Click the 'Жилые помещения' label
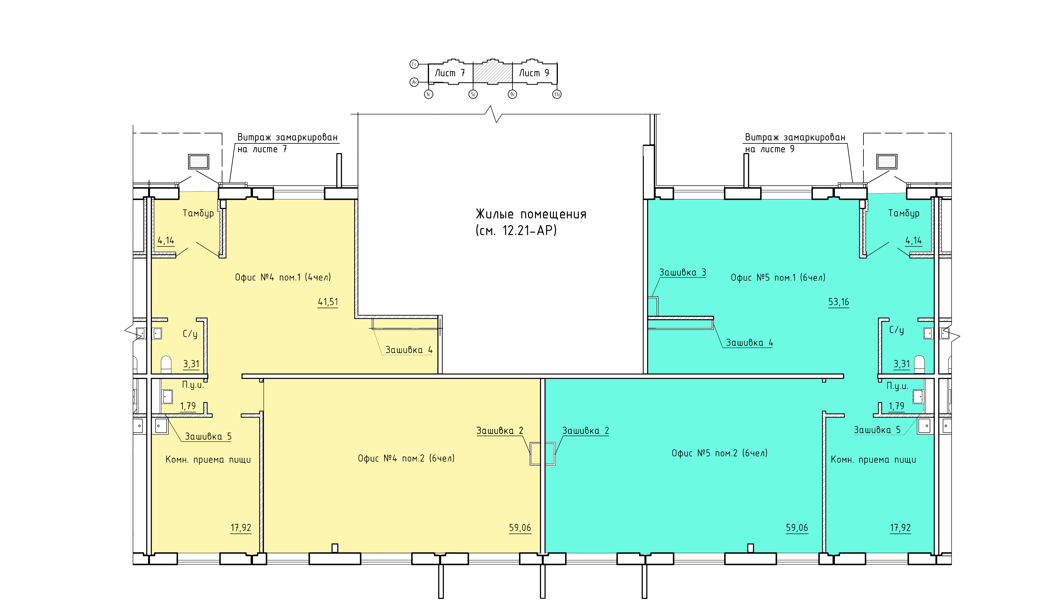point(531,214)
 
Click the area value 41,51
point(328,302)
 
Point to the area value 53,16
point(839,302)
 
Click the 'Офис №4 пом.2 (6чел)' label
point(406,458)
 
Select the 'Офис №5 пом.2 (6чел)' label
point(720,453)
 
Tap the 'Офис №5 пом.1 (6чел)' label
point(778,278)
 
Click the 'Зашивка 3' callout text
point(682,272)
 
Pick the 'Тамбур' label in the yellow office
point(198,213)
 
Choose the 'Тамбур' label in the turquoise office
point(904,213)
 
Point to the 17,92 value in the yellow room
point(241,528)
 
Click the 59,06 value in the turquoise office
point(797,528)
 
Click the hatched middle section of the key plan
point(493,73)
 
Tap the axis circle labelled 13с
point(557,94)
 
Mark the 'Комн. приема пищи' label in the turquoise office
point(873,460)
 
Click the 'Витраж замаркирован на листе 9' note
point(795,143)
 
